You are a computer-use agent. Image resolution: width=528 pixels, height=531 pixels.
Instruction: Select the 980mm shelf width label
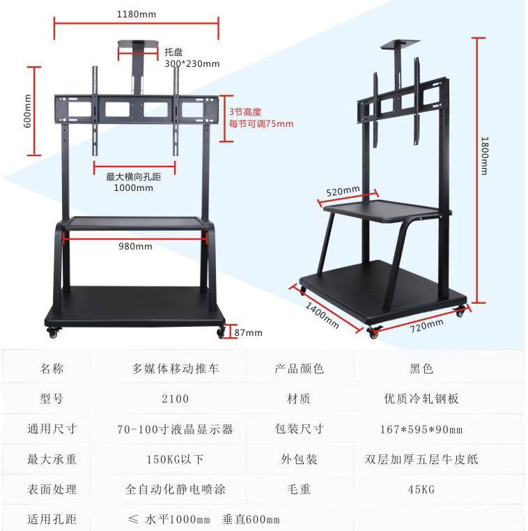135,246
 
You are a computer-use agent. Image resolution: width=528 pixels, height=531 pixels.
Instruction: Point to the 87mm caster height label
248,332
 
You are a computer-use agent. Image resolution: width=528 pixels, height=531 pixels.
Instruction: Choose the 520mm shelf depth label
343,190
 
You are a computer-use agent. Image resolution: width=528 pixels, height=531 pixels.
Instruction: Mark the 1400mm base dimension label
321,311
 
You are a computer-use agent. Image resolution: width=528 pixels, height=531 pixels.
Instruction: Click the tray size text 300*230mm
192,63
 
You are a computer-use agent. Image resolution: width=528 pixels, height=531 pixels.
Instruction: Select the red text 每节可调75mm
261,124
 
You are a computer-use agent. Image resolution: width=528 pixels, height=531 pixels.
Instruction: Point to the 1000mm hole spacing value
134,187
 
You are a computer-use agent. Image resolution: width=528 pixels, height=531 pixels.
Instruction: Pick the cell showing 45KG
421,489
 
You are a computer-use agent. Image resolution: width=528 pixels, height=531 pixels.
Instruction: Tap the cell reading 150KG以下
175,459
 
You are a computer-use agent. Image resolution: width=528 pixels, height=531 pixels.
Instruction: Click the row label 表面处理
52,489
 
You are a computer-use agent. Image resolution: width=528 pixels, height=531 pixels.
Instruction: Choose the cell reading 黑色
421,369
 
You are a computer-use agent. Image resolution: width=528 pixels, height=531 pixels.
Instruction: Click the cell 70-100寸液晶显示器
175,429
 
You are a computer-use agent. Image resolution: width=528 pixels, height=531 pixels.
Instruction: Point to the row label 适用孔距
52,519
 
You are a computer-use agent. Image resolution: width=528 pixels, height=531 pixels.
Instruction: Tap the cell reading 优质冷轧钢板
421,399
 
